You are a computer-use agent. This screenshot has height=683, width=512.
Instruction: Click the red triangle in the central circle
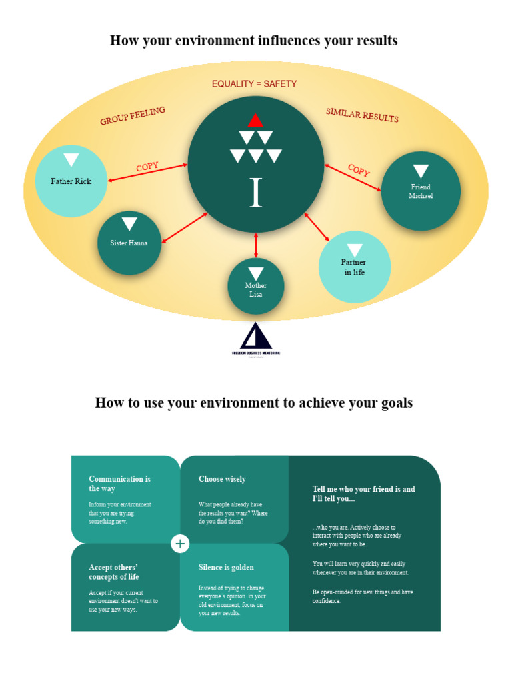(255, 121)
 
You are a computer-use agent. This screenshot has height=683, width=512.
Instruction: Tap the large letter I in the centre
(255, 193)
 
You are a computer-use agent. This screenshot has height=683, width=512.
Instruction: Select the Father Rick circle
(71, 180)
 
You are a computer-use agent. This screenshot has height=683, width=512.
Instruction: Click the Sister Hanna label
(129, 243)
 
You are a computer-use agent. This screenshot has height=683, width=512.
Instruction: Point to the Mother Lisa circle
(256, 287)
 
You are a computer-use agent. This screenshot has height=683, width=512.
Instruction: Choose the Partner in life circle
(354, 267)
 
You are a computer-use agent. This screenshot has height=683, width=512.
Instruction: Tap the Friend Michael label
(421, 191)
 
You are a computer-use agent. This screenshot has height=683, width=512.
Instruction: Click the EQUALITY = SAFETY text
(254, 84)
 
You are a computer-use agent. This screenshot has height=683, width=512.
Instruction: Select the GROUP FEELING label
(133, 116)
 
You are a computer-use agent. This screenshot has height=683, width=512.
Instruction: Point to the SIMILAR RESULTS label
(362, 115)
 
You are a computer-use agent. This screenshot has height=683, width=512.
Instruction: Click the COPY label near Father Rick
(147, 167)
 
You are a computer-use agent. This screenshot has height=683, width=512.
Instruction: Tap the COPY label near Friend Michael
(359, 170)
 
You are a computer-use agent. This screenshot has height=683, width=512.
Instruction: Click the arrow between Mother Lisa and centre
(256, 245)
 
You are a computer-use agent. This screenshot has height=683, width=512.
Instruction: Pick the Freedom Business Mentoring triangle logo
(256, 335)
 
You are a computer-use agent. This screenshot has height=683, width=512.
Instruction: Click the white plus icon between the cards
(180, 544)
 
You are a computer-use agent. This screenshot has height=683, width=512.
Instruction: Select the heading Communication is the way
(120, 484)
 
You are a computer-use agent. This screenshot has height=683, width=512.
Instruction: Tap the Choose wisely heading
(222, 479)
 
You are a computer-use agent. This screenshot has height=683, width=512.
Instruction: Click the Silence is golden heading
(226, 568)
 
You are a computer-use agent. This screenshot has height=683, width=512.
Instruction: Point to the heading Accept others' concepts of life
(114, 572)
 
